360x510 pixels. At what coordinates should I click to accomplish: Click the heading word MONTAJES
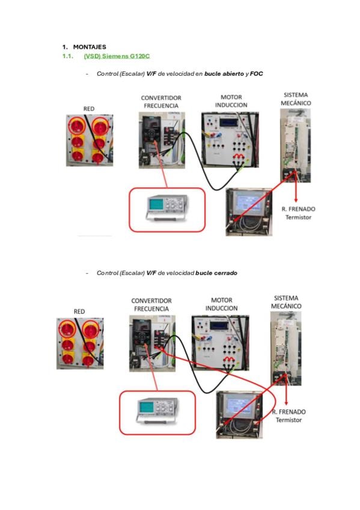click(x=90, y=47)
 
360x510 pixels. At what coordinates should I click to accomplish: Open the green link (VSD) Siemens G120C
click(x=117, y=56)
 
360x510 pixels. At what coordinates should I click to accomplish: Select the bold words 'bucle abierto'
click(x=224, y=73)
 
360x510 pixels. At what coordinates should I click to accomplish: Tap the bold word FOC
click(x=257, y=73)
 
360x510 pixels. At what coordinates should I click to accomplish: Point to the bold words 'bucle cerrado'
click(x=216, y=273)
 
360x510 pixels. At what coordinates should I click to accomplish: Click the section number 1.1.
click(x=67, y=56)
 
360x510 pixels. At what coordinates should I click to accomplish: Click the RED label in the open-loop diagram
click(x=89, y=109)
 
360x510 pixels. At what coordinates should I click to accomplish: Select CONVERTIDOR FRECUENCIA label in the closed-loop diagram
click(x=151, y=305)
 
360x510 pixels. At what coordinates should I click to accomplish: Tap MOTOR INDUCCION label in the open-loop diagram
click(x=231, y=101)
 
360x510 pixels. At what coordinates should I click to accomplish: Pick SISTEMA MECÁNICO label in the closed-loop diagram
click(x=286, y=302)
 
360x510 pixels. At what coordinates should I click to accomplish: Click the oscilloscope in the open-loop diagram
click(x=167, y=208)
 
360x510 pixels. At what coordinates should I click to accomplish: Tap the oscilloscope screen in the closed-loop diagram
click(x=145, y=407)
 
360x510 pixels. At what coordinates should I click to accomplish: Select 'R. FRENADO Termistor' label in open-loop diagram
click(x=298, y=213)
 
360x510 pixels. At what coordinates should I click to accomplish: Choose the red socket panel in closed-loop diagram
click(x=80, y=343)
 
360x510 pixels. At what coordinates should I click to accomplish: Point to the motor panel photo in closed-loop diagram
click(x=221, y=343)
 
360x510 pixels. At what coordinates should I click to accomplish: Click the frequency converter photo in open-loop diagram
click(x=162, y=140)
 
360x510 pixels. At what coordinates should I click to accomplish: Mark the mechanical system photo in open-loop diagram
click(x=295, y=146)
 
